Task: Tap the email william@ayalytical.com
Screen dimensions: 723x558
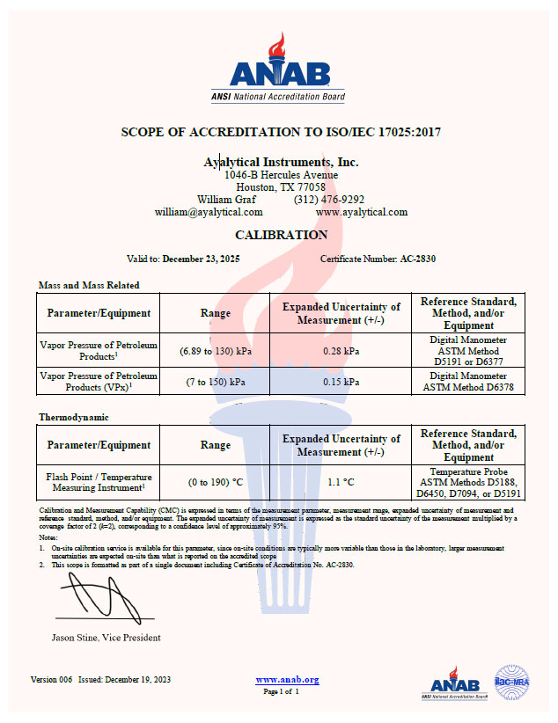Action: point(209,212)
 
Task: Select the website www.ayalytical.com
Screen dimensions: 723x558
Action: point(361,212)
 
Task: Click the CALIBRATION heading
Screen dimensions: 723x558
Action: point(281,235)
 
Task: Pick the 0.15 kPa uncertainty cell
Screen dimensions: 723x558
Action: point(341,382)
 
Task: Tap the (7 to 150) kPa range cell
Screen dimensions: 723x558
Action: point(216,382)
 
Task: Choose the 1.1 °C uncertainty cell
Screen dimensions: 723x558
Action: point(341,482)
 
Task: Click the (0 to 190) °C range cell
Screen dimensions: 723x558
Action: point(216,482)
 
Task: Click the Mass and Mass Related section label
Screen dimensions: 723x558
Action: point(89,285)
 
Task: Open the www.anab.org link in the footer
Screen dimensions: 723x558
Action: point(287,680)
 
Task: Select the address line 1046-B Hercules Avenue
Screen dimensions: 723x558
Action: point(281,175)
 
